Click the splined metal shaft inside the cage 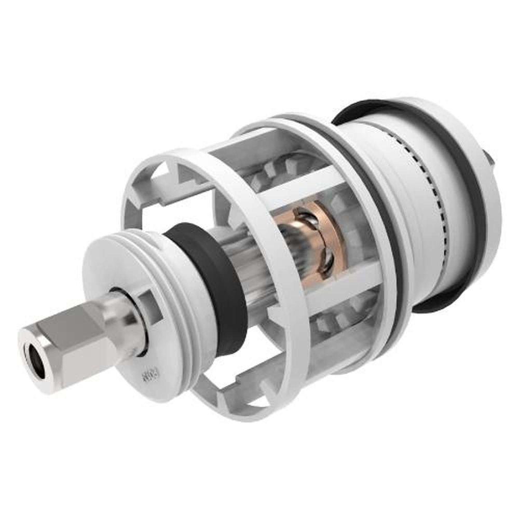click(254, 270)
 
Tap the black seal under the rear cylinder click(436, 301)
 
